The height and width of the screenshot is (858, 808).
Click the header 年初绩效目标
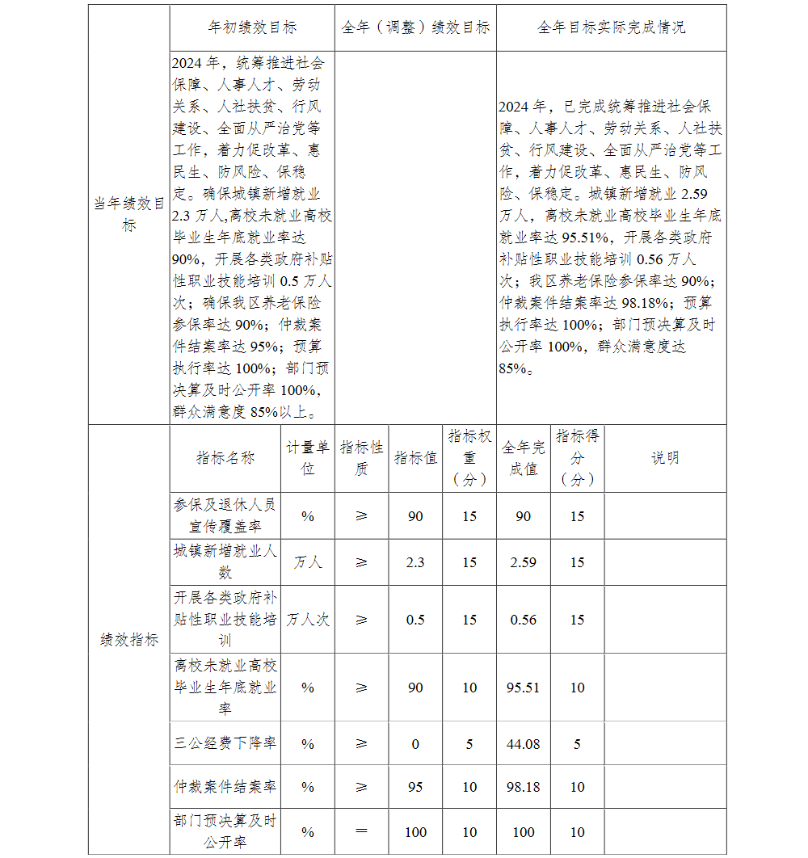coord(252,27)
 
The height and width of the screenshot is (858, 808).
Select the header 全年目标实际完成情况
coord(611,27)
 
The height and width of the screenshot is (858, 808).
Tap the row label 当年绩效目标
coord(128,214)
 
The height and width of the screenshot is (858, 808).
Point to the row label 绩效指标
coord(128,640)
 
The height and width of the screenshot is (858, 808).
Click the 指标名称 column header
coord(225,458)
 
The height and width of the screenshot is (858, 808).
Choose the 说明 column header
coord(665,458)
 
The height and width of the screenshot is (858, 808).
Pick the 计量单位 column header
coord(308,458)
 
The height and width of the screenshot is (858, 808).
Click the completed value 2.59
coord(524,562)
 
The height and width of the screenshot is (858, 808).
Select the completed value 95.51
coord(524,688)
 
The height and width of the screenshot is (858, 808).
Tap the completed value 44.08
coord(524,744)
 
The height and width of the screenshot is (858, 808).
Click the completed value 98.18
coord(524,787)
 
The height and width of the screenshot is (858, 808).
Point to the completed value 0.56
coord(524,620)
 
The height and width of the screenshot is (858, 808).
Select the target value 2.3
coord(415,562)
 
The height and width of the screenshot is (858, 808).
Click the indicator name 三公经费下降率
coord(225,744)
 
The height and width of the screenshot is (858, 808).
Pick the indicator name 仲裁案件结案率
coord(225,787)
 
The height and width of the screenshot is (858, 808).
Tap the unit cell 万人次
coord(308,620)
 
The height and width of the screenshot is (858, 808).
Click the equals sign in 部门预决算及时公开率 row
coord(361,832)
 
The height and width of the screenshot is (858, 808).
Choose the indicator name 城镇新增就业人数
coord(225,561)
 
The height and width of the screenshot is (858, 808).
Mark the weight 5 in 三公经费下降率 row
coord(469,744)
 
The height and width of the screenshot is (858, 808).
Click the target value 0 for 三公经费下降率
coord(415,744)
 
